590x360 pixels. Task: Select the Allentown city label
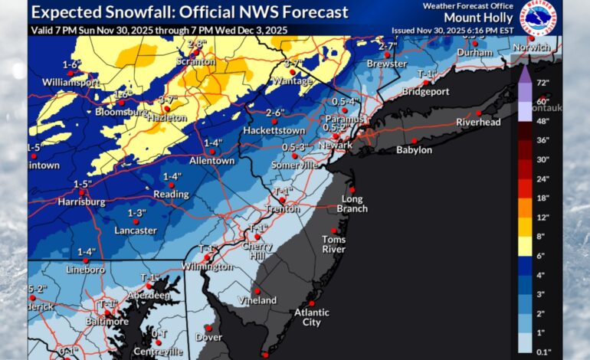click(212, 161)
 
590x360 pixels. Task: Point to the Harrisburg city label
click(80, 202)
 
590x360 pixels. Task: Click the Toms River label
click(333, 244)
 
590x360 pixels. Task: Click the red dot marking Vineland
click(257, 290)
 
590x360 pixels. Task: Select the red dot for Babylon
click(414, 141)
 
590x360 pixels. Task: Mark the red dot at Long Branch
click(352, 190)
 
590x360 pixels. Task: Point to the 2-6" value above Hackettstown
click(275, 113)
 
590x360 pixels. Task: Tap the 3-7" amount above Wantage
click(293, 63)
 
